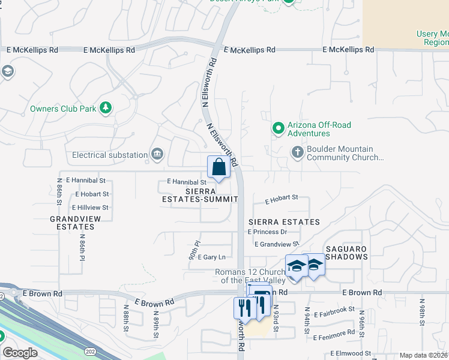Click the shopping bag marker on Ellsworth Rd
[218, 167]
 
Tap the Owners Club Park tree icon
[106, 108]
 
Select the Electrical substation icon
[157, 155]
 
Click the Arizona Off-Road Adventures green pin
[278, 128]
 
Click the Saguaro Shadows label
[346, 253]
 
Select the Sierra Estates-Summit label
[200, 194]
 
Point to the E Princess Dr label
[267, 232]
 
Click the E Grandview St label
[277, 244]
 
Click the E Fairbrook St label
[334, 310]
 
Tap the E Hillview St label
[89, 208]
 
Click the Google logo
[20, 353]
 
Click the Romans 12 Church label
[249, 277]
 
